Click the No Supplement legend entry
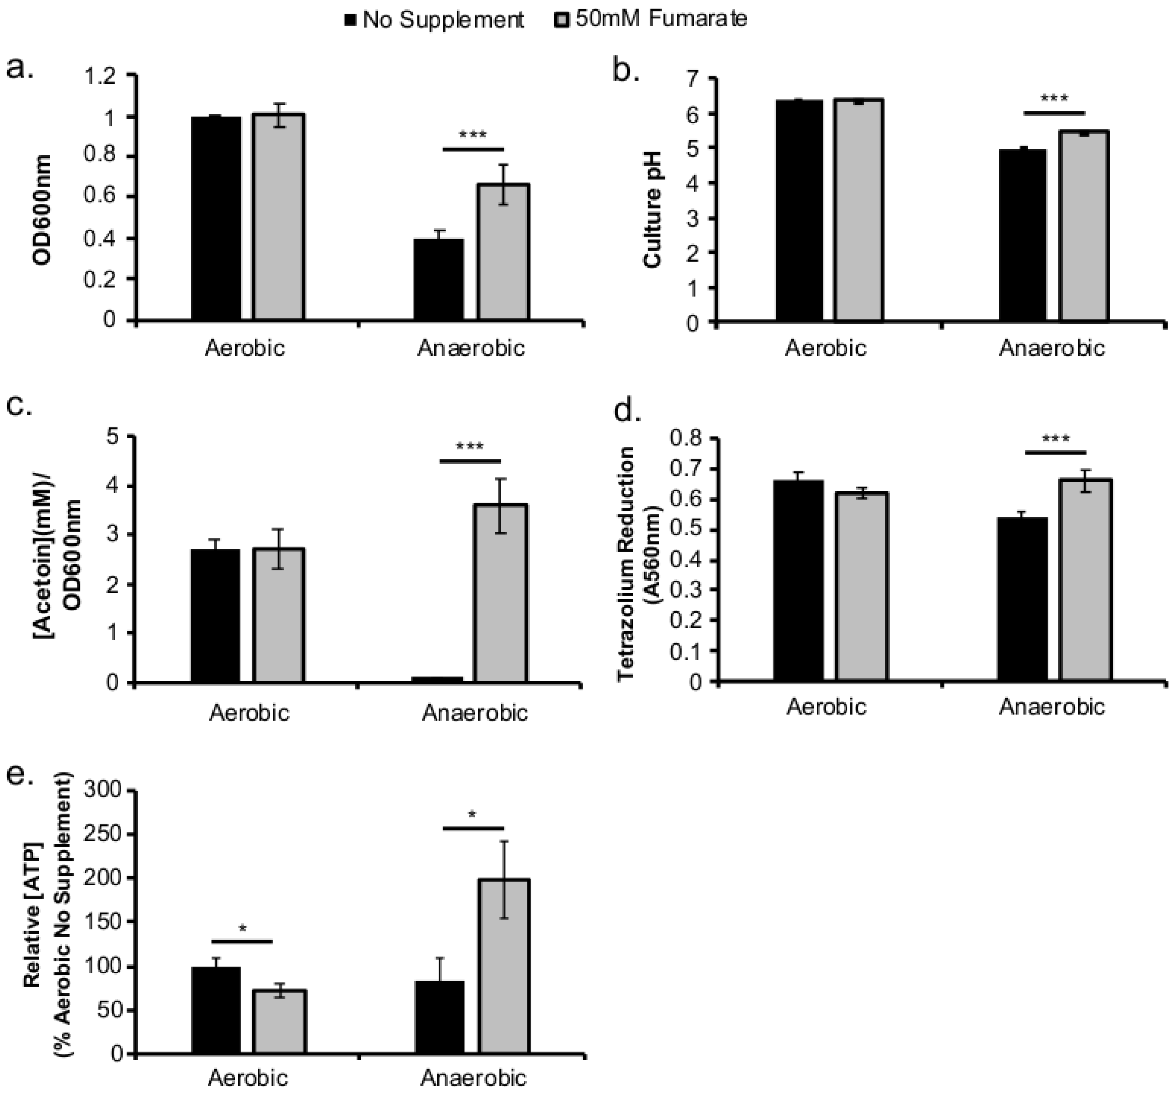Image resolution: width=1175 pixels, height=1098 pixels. click(x=434, y=20)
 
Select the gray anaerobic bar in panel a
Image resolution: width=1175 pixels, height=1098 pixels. click(x=503, y=252)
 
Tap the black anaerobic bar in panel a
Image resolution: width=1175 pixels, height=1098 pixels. click(x=438, y=279)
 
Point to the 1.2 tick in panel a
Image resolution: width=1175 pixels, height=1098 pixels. click(x=106, y=76)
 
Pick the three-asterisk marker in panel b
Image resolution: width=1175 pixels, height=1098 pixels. click(x=1054, y=98)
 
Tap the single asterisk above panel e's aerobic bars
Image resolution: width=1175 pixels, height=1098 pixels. click(x=242, y=929)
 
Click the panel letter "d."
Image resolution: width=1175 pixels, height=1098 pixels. click(x=628, y=411)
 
